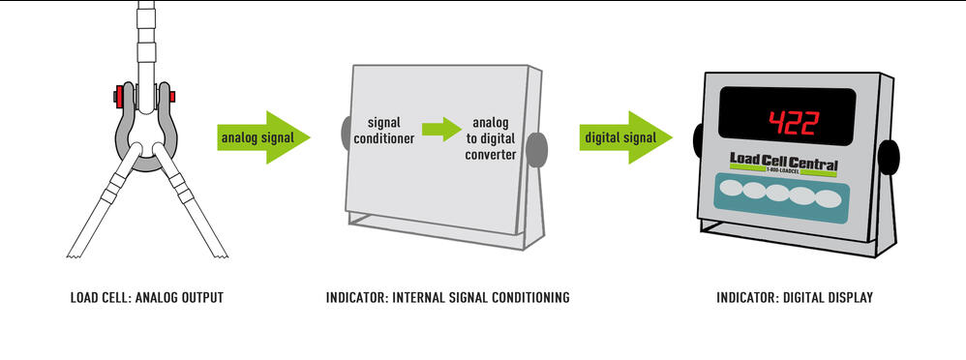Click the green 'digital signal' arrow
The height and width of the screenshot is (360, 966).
point(624,137)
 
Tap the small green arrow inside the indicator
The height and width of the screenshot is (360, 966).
point(441,129)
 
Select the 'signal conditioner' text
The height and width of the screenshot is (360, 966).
point(391,132)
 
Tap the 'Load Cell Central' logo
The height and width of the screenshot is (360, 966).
point(783,165)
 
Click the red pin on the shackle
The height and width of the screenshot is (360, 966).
point(120,97)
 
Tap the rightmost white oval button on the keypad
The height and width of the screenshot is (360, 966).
point(829,198)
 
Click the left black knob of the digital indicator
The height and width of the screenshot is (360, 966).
point(698,140)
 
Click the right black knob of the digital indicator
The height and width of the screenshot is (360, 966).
point(888,156)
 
